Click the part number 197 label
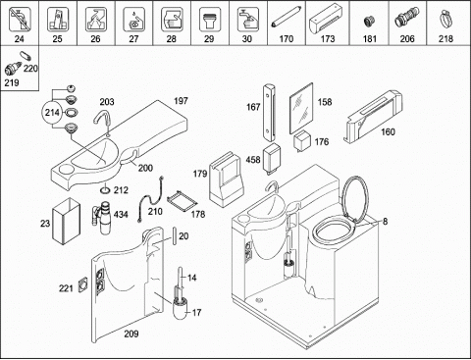pyautogui.click(x=181, y=101)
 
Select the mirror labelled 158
pyautogui.click(x=301, y=108)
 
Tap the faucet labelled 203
pyautogui.click(x=102, y=121)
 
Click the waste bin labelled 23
pyautogui.click(x=67, y=221)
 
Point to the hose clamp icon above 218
pyautogui.click(x=445, y=20)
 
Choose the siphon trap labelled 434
pyautogui.click(x=102, y=218)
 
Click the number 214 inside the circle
pyautogui.click(x=52, y=113)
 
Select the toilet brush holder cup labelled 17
pyautogui.click(x=181, y=308)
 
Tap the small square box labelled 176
pyautogui.click(x=302, y=141)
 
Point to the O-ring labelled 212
pyautogui.click(x=105, y=190)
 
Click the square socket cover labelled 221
pyautogui.click(x=83, y=284)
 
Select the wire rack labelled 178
pyautogui.click(x=182, y=200)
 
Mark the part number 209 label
pyautogui.click(x=131, y=334)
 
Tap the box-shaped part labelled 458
pyautogui.click(x=272, y=157)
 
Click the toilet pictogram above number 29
pyautogui.click(x=209, y=21)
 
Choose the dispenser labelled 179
pyautogui.click(x=226, y=180)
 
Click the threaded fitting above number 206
pyautogui.click(x=407, y=19)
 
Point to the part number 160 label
pyautogui.click(x=388, y=131)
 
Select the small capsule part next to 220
pyautogui.click(x=26, y=56)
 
